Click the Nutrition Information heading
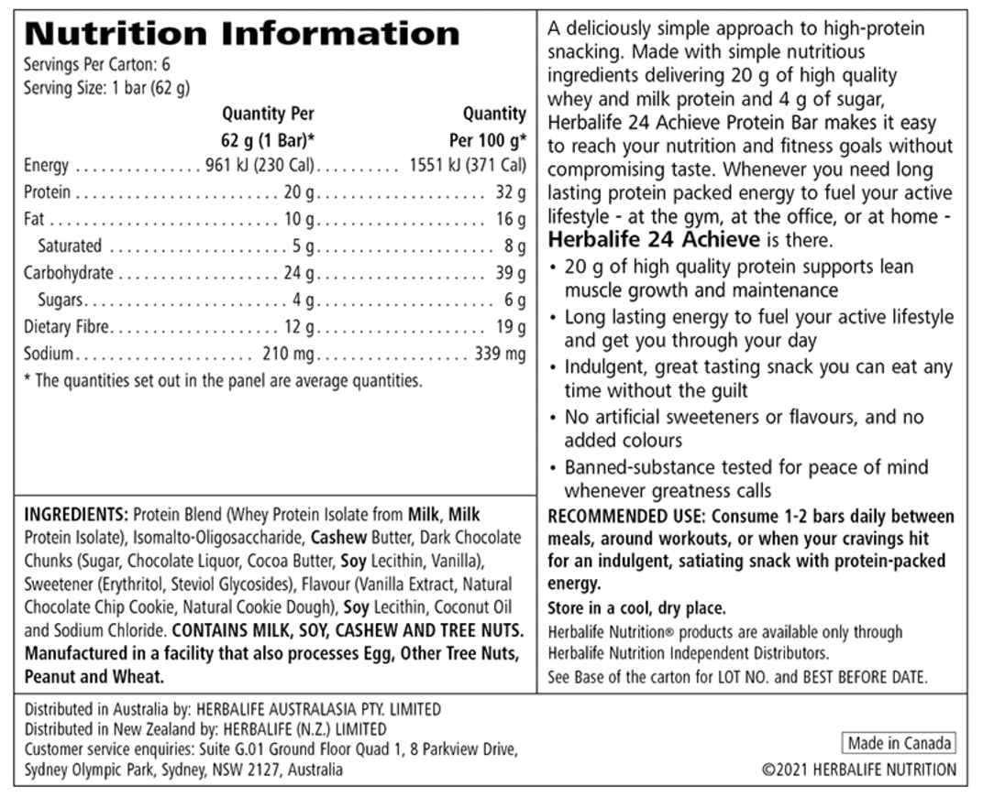(242, 35)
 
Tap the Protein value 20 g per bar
(299, 192)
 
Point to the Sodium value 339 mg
(500, 354)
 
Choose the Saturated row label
(70, 246)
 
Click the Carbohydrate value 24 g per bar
(299, 273)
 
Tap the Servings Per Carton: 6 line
(97, 64)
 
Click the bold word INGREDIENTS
(76, 515)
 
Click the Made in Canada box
(899, 743)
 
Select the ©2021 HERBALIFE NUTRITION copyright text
(859, 770)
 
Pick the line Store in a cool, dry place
(636, 607)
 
